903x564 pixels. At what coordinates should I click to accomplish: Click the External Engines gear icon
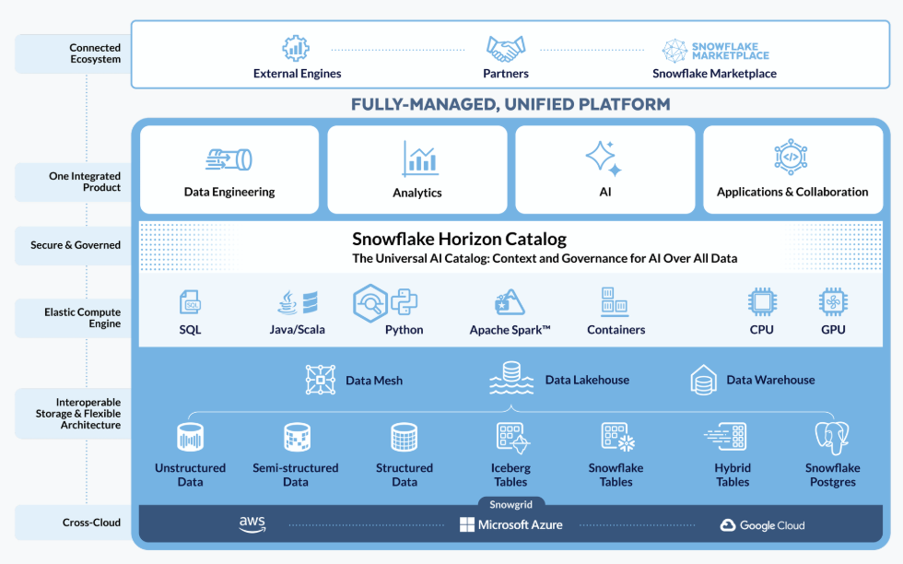(296, 48)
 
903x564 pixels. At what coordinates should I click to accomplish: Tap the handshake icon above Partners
(506, 47)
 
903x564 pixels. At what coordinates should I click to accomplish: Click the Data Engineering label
(229, 192)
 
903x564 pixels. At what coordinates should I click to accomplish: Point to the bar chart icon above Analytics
(419, 159)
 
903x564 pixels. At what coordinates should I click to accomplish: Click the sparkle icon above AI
(604, 159)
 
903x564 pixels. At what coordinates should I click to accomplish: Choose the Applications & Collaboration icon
(791, 158)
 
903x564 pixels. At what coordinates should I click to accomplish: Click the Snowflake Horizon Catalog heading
(459, 240)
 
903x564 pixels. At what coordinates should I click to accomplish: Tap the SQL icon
(191, 302)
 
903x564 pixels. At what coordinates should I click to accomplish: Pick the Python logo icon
(405, 300)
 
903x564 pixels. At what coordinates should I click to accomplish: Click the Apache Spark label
(510, 330)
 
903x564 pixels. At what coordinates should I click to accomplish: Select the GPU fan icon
(833, 302)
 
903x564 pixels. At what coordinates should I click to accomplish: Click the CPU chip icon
(761, 302)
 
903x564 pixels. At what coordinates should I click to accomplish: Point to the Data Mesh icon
(321, 380)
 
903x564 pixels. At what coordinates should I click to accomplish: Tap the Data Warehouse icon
(704, 380)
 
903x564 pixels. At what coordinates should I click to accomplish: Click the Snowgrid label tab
(510, 504)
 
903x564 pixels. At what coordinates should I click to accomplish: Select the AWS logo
(252, 524)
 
